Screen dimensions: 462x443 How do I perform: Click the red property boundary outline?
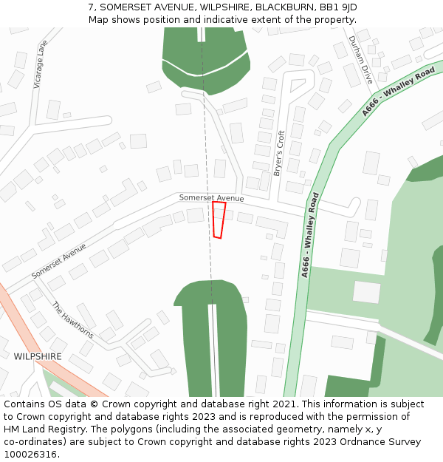(x=219, y=220)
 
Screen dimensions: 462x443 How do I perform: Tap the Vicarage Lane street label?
(x=40, y=65)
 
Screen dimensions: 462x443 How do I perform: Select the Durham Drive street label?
(x=361, y=60)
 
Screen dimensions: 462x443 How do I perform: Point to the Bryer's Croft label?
(x=278, y=153)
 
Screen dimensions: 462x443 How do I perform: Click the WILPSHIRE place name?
(x=38, y=356)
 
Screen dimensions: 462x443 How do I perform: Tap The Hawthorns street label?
(x=72, y=320)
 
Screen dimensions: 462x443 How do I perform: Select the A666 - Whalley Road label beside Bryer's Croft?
(x=311, y=235)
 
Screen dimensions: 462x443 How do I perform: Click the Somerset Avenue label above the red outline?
(x=211, y=198)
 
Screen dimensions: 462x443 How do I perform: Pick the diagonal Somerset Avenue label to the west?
(x=59, y=262)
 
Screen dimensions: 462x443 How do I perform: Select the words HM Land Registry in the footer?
(x=38, y=429)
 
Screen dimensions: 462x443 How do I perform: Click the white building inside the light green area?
(x=366, y=292)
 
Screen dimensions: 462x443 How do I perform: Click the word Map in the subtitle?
(x=98, y=19)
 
